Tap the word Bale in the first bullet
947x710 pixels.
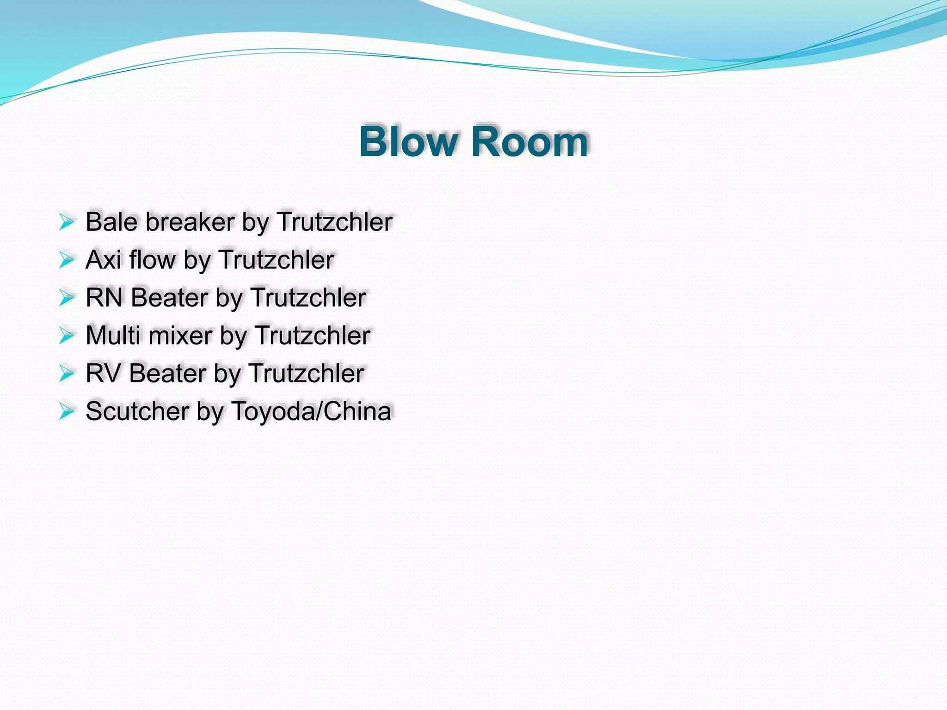click(x=111, y=222)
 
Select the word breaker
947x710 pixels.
click(x=190, y=222)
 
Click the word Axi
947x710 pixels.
click(x=103, y=260)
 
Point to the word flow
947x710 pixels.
click(x=152, y=260)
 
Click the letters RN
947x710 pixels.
click(x=104, y=298)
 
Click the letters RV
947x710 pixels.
click(x=103, y=373)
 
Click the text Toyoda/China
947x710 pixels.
click(x=311, y=411)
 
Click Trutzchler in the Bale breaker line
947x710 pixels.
click(x=334, y=222)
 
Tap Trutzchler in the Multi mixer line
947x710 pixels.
click(x=312, y=336)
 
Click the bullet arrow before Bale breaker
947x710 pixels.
click(x=67, y=222)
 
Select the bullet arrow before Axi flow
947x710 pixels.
click(x=67, y=260)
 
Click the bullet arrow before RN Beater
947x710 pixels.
click(x=67, y=298)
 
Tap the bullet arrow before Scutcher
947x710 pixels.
click(x=67, y=411)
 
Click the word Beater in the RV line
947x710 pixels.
click(x=167, y=373)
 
